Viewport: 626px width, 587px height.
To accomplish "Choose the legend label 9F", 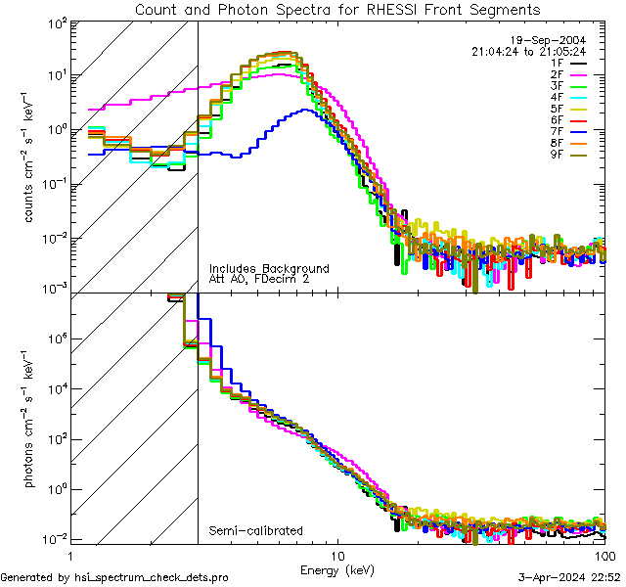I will tap(556, 153).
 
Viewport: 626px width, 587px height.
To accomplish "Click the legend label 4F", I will tap(556, 97).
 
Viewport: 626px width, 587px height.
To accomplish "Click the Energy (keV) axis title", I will tap(337, 569).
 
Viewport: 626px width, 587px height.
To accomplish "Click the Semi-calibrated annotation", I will tap(255, 531).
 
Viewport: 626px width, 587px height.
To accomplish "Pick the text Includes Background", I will tap(269, 268).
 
